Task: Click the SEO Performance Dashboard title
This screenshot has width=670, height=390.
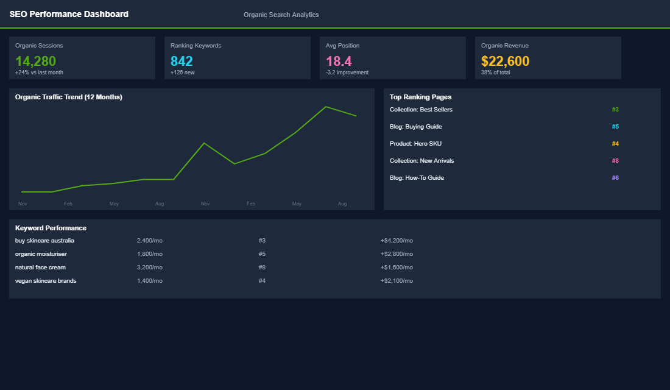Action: click(x=69, y=14)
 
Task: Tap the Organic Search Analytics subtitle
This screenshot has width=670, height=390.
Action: click(x=281, y=15)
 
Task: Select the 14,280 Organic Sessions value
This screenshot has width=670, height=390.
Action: click(x=35, y=61)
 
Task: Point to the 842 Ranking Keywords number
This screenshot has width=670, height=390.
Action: click(x=182, y=61)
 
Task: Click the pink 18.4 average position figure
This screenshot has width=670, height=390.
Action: click(x=339, y=61)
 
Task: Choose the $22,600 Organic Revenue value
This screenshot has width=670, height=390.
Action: click(x=505, y=61)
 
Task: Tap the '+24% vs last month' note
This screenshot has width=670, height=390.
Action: click(x=39, y=73)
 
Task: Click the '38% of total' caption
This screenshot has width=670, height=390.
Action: click(x=495, y=73)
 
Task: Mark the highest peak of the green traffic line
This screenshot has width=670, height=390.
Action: click(x=326, y=107)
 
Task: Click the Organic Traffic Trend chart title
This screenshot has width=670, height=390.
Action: click(x=68, y=97)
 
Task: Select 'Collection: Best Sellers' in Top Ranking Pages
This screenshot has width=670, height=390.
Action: click(x=421, y=110)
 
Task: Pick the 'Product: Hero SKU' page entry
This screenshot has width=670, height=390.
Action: click(x=415, y=144)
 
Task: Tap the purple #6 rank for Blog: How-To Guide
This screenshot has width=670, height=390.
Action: click(x=615, y=178)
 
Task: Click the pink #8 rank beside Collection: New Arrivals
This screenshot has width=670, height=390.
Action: click(x=615, y=161)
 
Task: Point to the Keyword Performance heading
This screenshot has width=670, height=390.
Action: click(x=51, y=228)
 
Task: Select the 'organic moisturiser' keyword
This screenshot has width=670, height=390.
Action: click(x=41, y=254)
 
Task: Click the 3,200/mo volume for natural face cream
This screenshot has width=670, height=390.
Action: click(x=150, y=268)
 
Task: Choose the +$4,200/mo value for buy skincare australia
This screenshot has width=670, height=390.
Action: click(x=397, y=241)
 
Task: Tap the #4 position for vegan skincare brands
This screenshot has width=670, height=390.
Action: click(x=262, y=281)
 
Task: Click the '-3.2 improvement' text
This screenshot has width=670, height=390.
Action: click(x=347, y=73)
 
